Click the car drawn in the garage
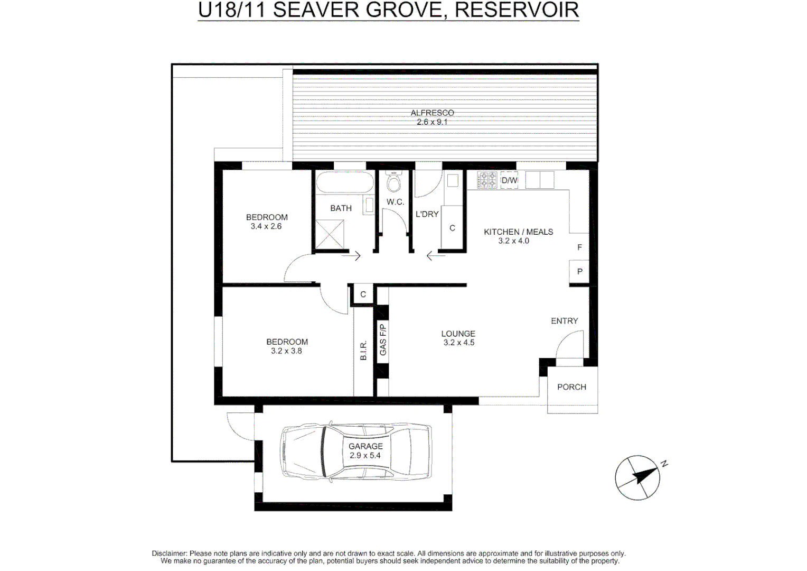(x=356, y=451)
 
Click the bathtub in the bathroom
(x=345, y=182)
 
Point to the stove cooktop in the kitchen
(x=487, y=180)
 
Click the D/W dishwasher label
(x=510, y=180)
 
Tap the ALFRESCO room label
(x=433, y=113)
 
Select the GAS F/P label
(x=383, y=339)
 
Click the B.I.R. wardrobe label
(x=363, y=350)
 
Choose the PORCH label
(x=572, y=387)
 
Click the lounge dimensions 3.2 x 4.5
(x=458, y=343)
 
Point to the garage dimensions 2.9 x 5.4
(x=365, y=456)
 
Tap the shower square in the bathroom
(x=330, y=234)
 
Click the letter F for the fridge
(x=580, y=247)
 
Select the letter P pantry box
(x=579, y=271)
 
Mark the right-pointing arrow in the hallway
(x=351, y=256)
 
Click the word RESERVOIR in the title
(x=517, y=10)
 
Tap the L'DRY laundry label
(x=427, y=214)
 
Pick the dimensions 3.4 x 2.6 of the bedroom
(x=266, y=226)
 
